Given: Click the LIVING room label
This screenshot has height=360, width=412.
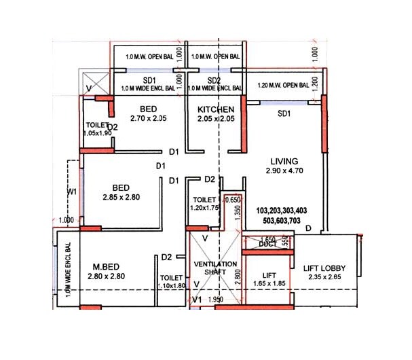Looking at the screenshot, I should pos(284,161).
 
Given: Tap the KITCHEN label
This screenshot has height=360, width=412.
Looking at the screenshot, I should pos(216,109).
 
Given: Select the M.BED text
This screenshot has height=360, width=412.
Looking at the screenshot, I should pos(106,266).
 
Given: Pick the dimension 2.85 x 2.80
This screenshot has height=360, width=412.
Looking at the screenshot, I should pos(121,198).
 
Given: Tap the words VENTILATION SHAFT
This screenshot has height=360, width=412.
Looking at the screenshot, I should pos(216,268).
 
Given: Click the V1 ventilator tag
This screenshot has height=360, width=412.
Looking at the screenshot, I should pos(197,299).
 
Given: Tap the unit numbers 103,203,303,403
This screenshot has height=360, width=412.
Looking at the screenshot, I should pos(282,212).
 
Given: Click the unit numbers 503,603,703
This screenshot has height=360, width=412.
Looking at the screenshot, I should pos(282,221).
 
